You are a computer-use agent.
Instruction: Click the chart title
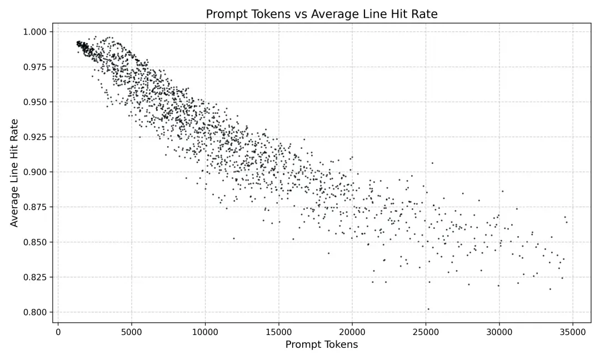point(321,14)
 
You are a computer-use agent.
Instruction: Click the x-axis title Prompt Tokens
point(321,345)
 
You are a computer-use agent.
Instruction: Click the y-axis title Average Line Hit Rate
point(14,172)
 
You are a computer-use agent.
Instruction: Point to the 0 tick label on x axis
point(58,332)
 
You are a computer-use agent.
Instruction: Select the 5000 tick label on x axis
point(132,332)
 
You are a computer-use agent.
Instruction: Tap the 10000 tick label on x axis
point(205,332)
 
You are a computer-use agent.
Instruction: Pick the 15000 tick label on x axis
point(278,332)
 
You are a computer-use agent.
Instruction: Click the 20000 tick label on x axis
point(352,332)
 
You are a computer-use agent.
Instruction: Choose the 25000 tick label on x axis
point(426,332)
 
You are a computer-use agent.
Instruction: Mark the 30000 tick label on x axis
point(499,332)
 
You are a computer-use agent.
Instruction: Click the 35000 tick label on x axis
point(572,332)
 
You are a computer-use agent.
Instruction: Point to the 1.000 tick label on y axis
point(36,32)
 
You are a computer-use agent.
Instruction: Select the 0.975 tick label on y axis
point(36,67)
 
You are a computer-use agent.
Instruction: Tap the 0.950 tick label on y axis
point(36,102)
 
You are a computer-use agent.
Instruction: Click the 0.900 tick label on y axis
point(36,172)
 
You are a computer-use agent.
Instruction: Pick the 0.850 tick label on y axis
point(36,242)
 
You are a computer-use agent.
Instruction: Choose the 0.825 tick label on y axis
point(36,277)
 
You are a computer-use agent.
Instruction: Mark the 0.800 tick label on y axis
point(36,312)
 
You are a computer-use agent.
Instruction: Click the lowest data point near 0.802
point(428,309)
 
